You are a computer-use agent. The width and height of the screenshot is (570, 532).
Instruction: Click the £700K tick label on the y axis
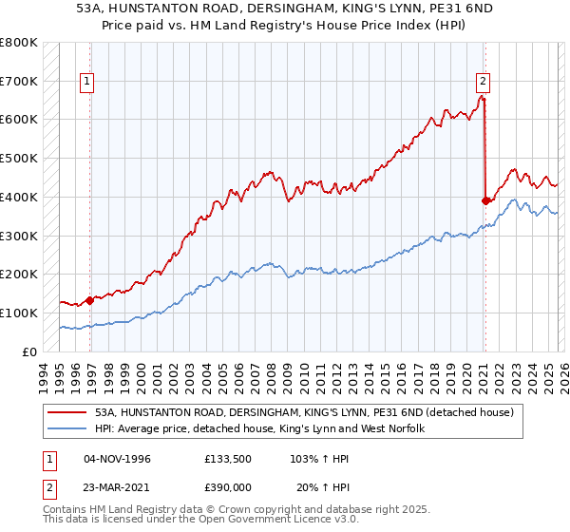pos(19,82)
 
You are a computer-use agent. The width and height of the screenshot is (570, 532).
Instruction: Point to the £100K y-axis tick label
pos(19,313)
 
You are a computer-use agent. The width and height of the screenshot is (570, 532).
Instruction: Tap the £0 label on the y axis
pos(28,351)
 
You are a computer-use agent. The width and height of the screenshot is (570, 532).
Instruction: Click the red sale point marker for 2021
pos(485,200)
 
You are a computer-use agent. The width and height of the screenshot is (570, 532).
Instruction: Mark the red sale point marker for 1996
pos(90,300)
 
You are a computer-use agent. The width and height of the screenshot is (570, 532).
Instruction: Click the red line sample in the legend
pos(68,412)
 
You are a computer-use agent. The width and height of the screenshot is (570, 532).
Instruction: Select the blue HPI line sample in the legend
pos(68,429)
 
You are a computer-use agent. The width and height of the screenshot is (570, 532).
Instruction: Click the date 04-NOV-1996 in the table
pos(117,459)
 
